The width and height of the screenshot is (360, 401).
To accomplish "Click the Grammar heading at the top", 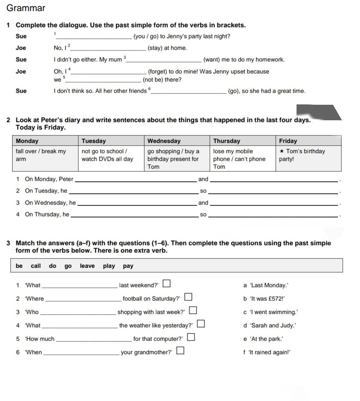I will (x=26, y=8).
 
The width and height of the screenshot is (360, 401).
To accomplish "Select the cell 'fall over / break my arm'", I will (x=41, y=155).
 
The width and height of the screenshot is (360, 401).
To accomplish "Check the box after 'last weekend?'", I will (x=166, y=283).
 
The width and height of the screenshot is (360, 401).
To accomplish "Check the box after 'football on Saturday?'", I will (x=188, y=297).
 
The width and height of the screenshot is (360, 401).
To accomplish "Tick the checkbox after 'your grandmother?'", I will (x=180, y=350).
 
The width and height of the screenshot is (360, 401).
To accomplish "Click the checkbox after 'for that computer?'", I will (x=191, y=337).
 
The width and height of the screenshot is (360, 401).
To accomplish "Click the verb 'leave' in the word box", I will (x=87, y=266).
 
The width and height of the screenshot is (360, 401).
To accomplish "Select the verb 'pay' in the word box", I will (x=128, y=266).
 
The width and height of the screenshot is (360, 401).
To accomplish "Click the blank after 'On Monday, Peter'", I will (x=136, y=180).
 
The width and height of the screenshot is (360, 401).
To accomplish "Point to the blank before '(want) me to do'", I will (x=164, y=60).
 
